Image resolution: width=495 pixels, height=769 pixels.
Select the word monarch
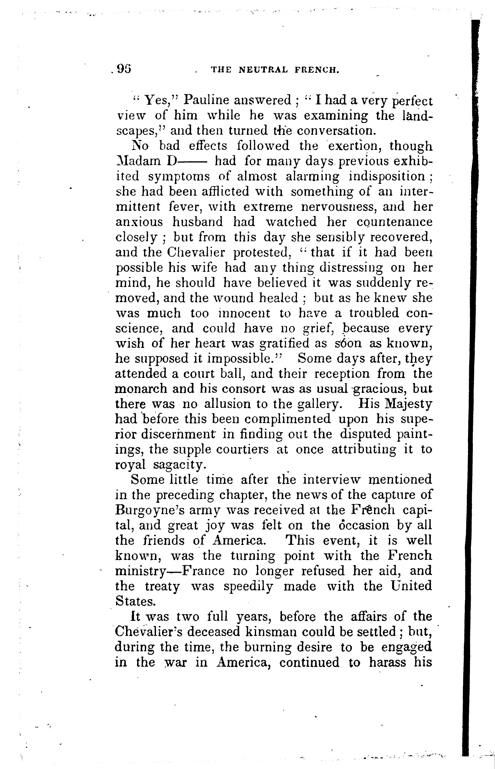pyautogui.click(x=141, y=389)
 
